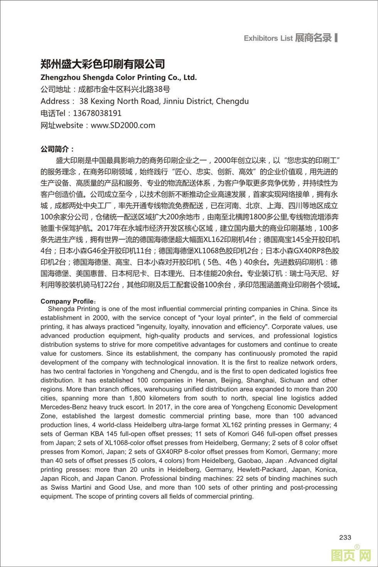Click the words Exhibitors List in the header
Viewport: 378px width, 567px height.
[x=268, y=38]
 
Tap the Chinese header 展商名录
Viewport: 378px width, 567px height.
[x=313, y=38]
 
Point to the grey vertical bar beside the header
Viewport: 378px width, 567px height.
[x=336, y=38]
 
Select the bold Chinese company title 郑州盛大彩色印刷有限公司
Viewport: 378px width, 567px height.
[x=103, y=64]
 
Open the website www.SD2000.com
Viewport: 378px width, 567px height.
[x=123, y=125]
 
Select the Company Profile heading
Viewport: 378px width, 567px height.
[x=67, y=301]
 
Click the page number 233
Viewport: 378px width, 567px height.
[x=345, y=538]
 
